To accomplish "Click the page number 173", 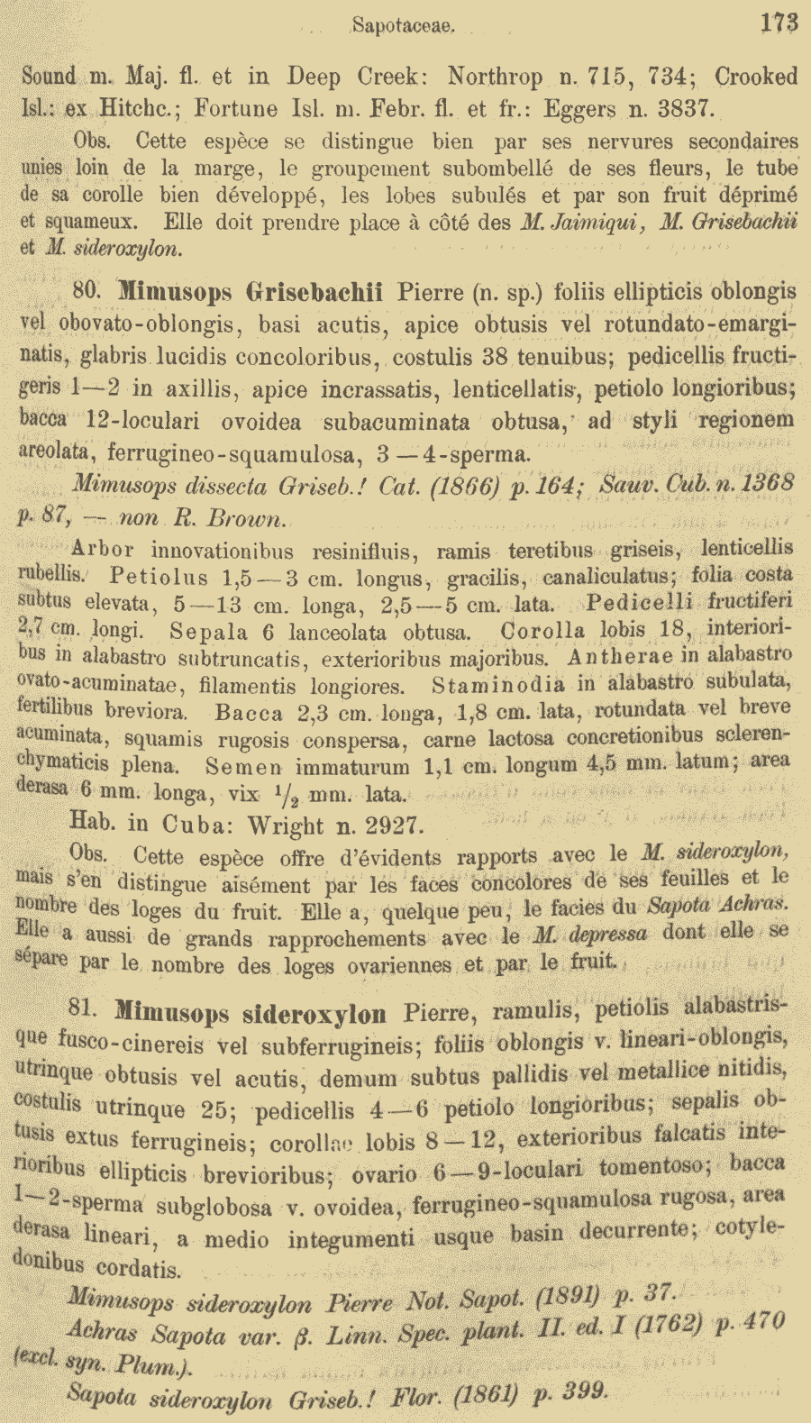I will point(778,23).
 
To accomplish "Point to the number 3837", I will point(683,110).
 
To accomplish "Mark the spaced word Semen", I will point(241,768).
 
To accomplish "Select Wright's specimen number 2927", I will point(391,826).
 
